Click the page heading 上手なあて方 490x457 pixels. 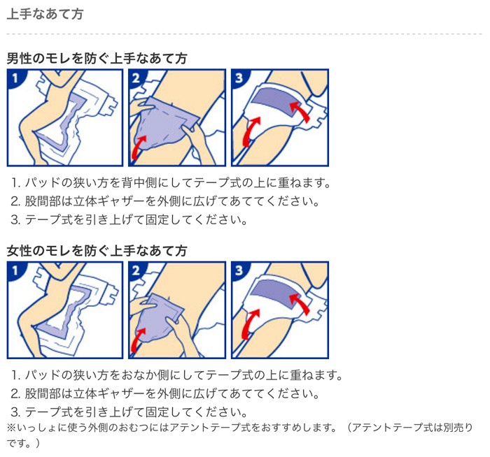click(45, 14)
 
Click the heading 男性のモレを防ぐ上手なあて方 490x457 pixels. click(97, 58)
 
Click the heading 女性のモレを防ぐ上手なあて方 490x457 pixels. click(97, 250)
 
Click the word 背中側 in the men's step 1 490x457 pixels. click(160, 183)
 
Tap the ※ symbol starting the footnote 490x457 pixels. click(11, 427)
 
